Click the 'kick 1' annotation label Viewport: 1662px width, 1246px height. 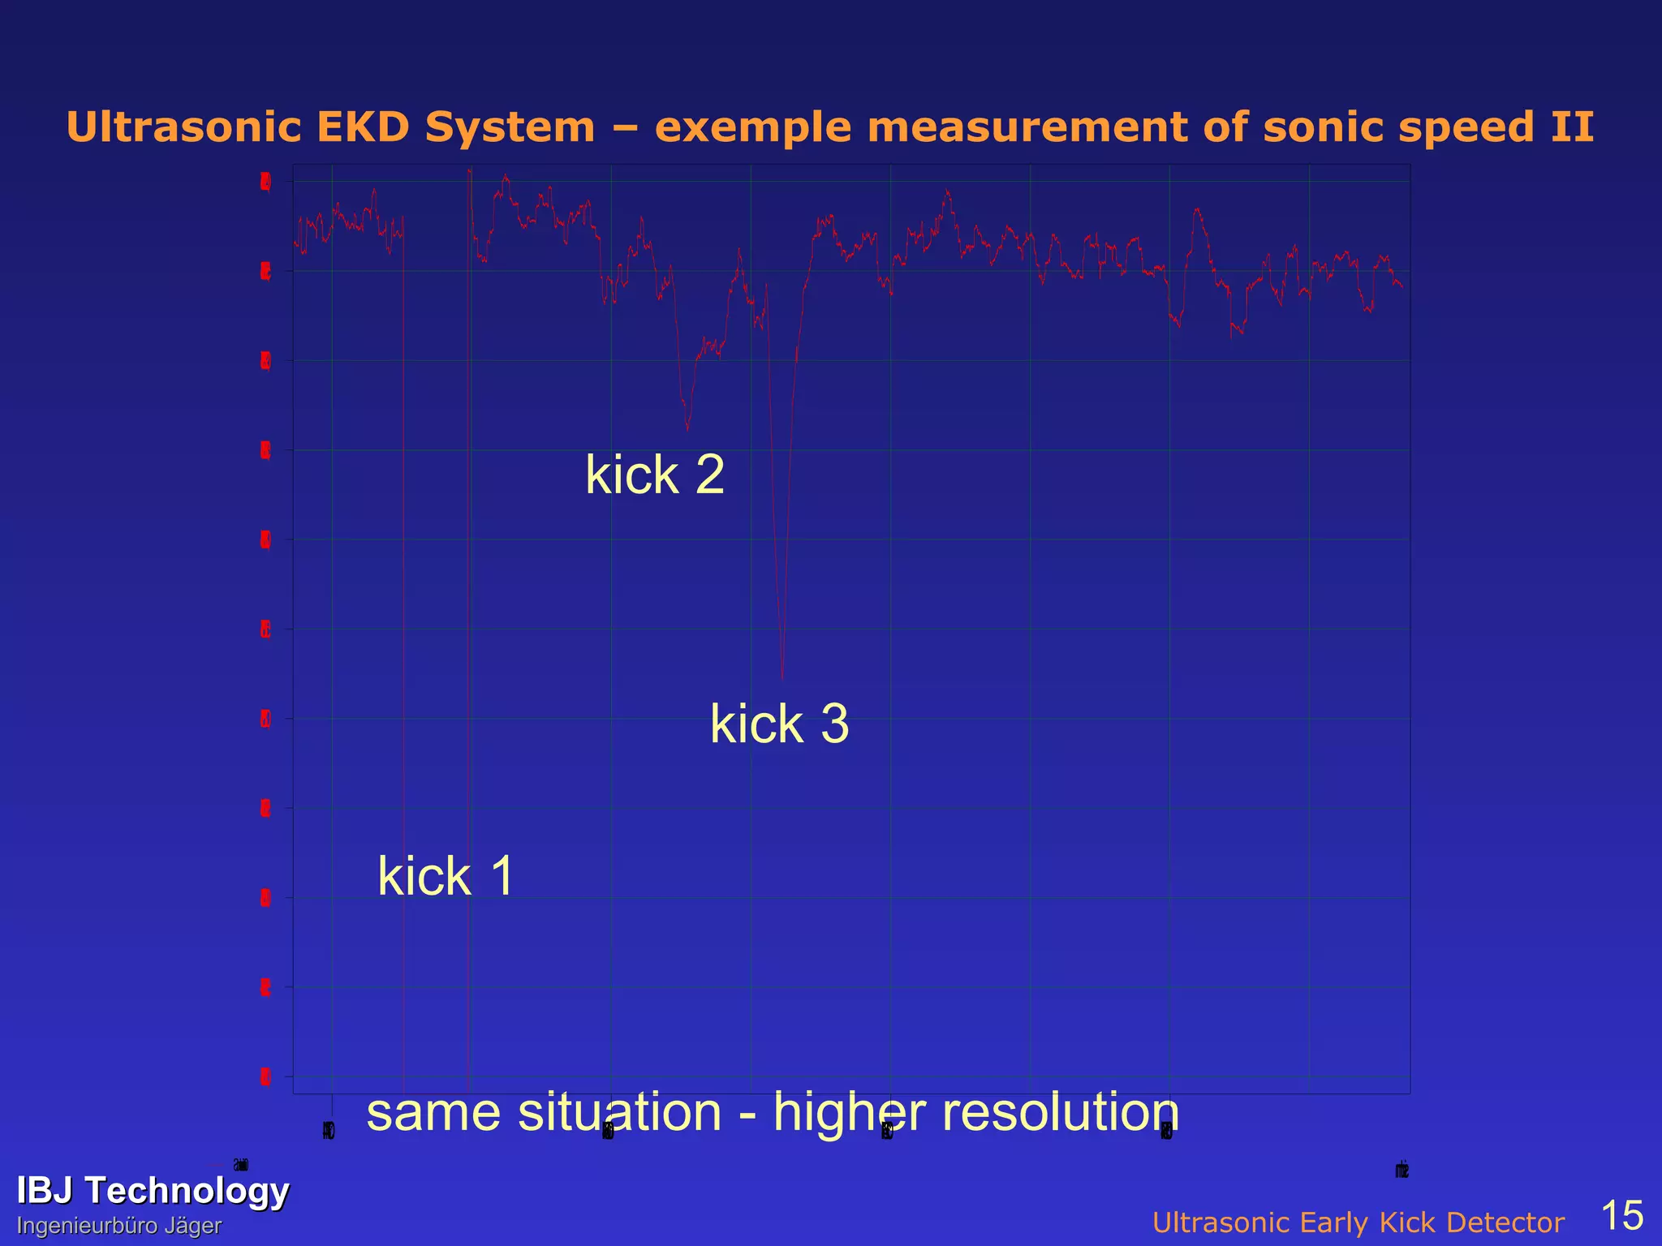pos(446,876)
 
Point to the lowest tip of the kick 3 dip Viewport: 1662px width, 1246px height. pos(782,678)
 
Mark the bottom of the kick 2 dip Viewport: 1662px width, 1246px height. pos(687,429)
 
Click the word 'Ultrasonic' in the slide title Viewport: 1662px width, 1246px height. pos(183,127)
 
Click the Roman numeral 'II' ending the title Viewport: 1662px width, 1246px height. pos(1572,127)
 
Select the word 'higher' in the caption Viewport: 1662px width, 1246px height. pos(850,1113)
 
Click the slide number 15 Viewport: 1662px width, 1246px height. pos(1621,1215)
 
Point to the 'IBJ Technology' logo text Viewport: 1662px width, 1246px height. pos(153,1190)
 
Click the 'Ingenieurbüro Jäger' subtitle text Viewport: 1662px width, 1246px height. pos(119,1226)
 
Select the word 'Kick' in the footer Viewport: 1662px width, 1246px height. pos(1384,1222)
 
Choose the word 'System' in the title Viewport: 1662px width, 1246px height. pos(510,129)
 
